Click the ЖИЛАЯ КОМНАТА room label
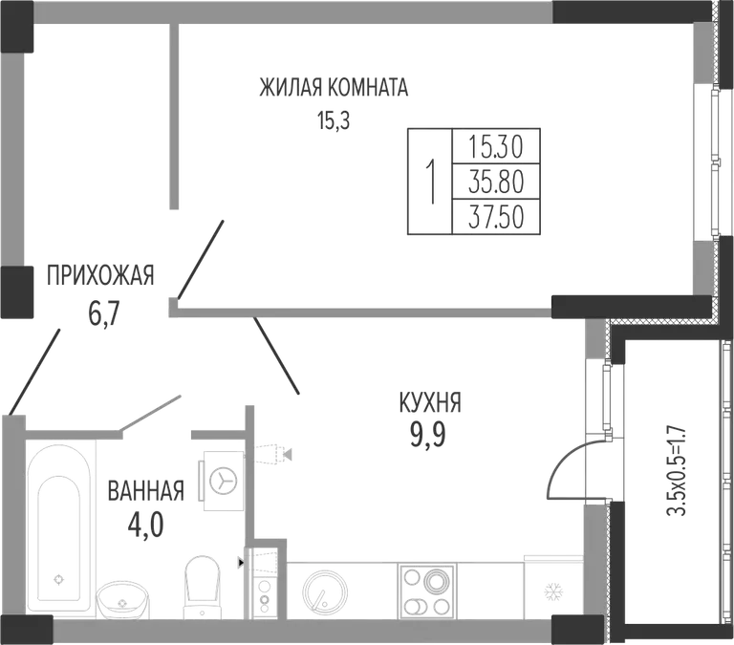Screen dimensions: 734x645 [x=334, y=88]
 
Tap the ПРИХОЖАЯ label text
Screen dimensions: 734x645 [x=100, y=275]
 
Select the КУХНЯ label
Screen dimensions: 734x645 [x=430, y=403]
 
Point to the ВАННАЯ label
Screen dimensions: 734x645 [x=145, y=491]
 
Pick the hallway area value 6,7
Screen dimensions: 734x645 [x=105, y=313]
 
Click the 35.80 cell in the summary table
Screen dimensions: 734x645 [x=496, y=182]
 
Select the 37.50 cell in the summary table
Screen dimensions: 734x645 [x=496, y=217]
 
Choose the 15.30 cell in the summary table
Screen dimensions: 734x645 [x=496, y=146]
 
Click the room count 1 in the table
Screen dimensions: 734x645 [x=431, y=182]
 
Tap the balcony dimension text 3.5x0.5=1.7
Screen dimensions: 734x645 [x=677, y=469]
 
